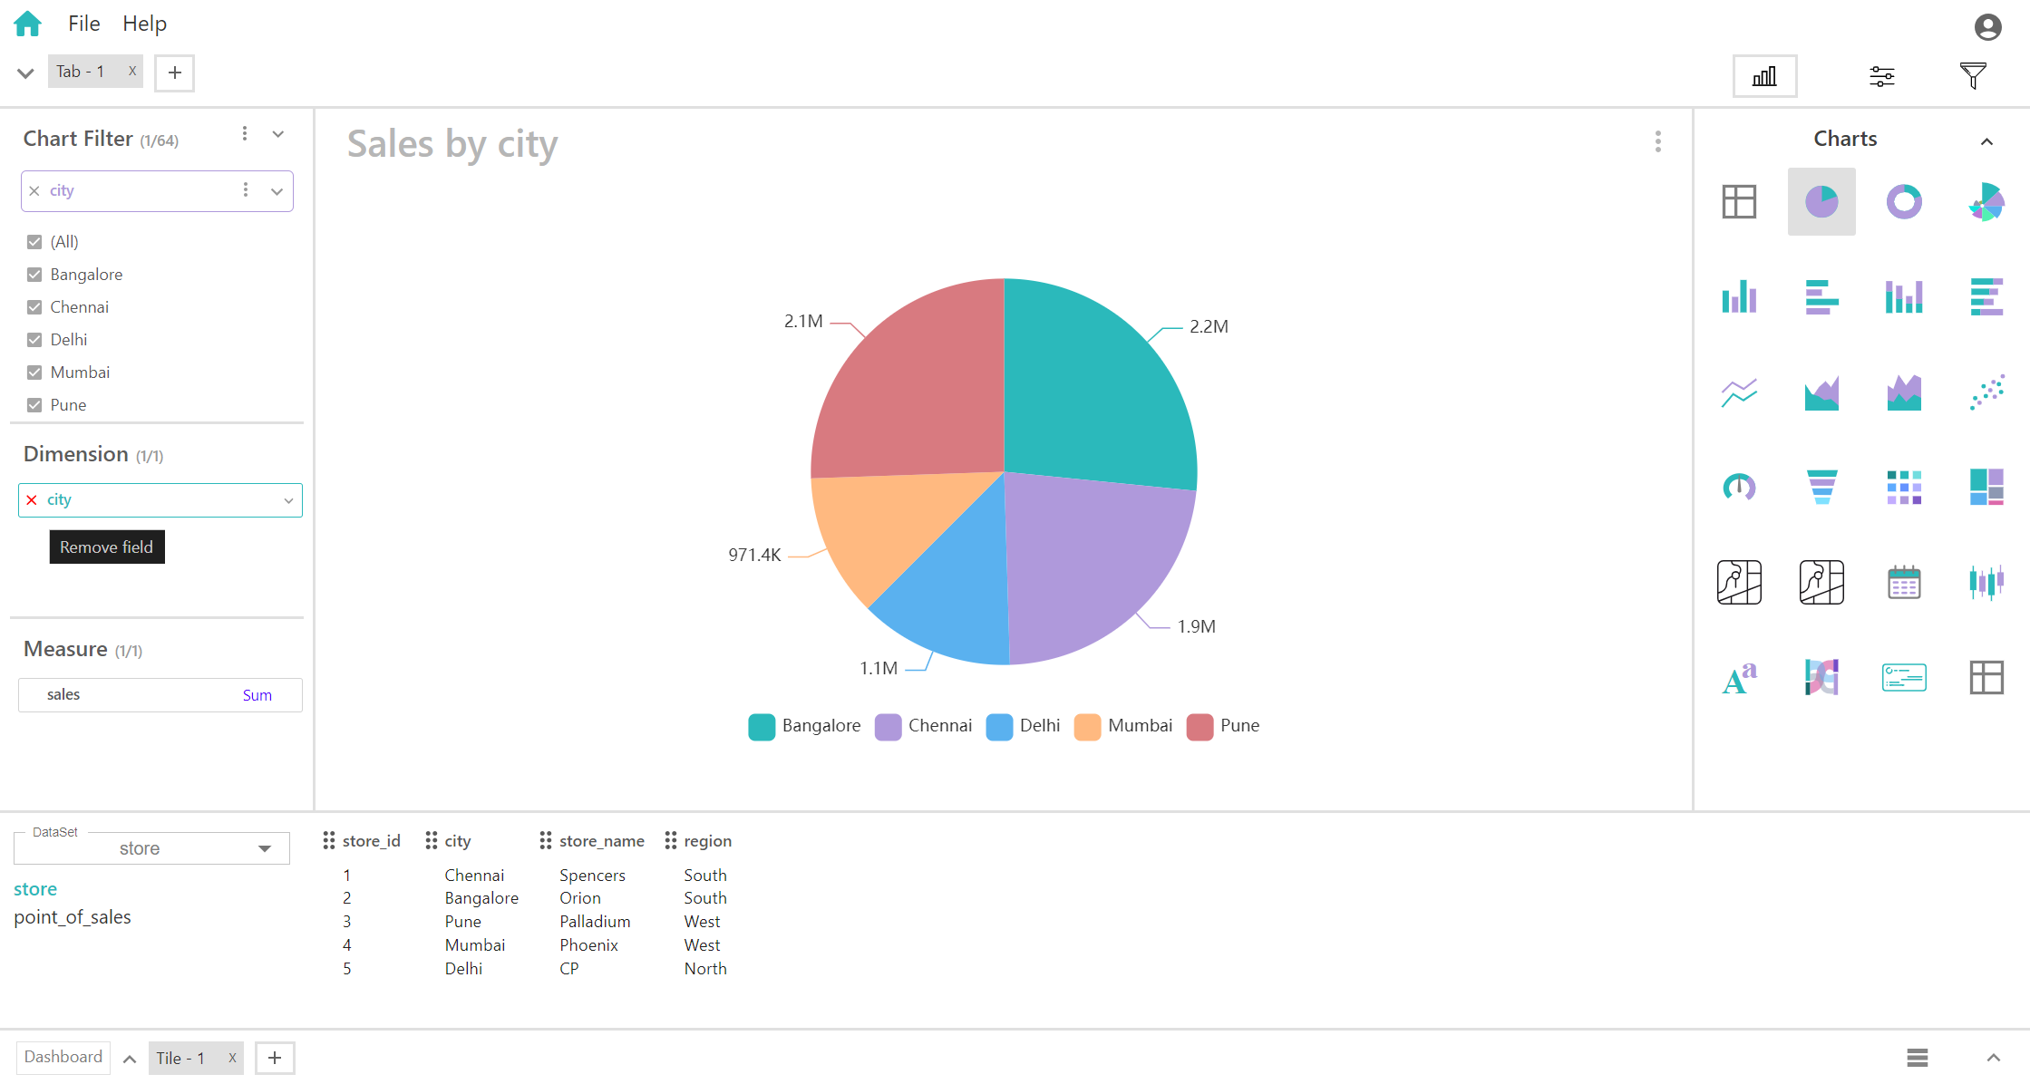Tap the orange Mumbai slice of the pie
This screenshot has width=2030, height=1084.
(870, 526)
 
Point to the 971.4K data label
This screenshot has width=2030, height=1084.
(754, 555)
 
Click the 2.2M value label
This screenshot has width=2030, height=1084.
(1209, 326)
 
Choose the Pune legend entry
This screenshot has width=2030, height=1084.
(1223, 726)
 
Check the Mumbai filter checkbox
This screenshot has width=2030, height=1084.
(34, 373)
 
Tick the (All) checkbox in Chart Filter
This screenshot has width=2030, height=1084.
(34, 242)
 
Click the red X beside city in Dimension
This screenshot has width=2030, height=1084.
(32, 500)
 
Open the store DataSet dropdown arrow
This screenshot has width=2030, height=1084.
(265, 848)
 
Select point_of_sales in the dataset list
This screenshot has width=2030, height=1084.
(73, 917)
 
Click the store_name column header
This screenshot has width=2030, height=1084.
(601, 841)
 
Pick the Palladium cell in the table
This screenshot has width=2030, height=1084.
(595, 922)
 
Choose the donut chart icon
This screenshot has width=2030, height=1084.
(1904, 201)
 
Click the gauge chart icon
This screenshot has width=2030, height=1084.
(1739, 487)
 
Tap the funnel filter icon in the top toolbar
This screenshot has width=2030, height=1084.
(1973, 76)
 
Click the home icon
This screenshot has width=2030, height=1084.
(28, 24)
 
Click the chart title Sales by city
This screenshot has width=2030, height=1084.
(452, 144)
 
